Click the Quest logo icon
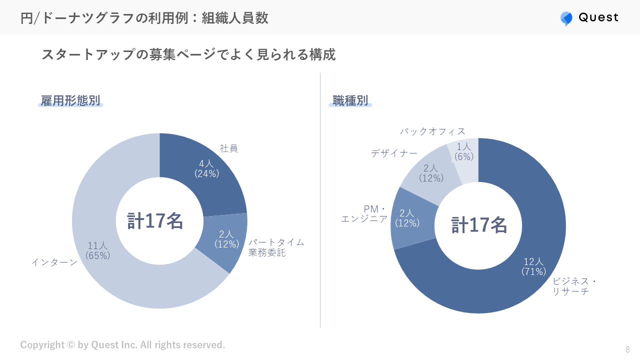click(x=566, y=18)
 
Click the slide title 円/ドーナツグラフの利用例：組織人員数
click(x=144, y=18)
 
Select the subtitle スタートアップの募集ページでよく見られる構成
click(x=188, y=54)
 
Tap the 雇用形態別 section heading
click(x=70, y=101)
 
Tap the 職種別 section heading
click(x=350, y=101)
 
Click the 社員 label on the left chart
click(x=228, y=148)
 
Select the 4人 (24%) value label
click(x=206, y=168)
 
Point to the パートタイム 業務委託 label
click(x=276, y=247)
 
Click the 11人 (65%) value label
click(x=98, y=250)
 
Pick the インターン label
click(x=54, y=262)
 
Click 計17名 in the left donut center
click(x=155, y=221)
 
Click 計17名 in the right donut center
click(x=479, y=225)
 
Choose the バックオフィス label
click(x=432, y=131)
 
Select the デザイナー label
click(x=394, y=153)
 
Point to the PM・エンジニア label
click(x=364, y=214)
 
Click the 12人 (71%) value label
click(x=533, y=266)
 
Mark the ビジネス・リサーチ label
click(x=574, y=286)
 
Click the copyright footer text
click(x=122, y=345)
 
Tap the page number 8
click(x=627, y=349)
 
